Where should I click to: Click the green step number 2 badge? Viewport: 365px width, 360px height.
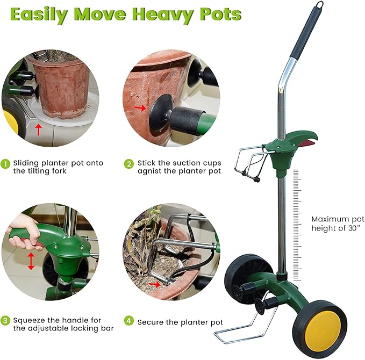(129, 163)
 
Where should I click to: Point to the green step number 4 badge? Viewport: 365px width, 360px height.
(129, 321)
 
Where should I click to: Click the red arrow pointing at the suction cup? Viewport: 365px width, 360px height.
(141, 108)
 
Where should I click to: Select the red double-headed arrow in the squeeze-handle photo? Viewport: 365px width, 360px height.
(31, 261)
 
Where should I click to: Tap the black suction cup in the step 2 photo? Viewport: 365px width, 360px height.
(161, 112)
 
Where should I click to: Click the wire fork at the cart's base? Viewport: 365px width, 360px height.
(237, 328)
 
